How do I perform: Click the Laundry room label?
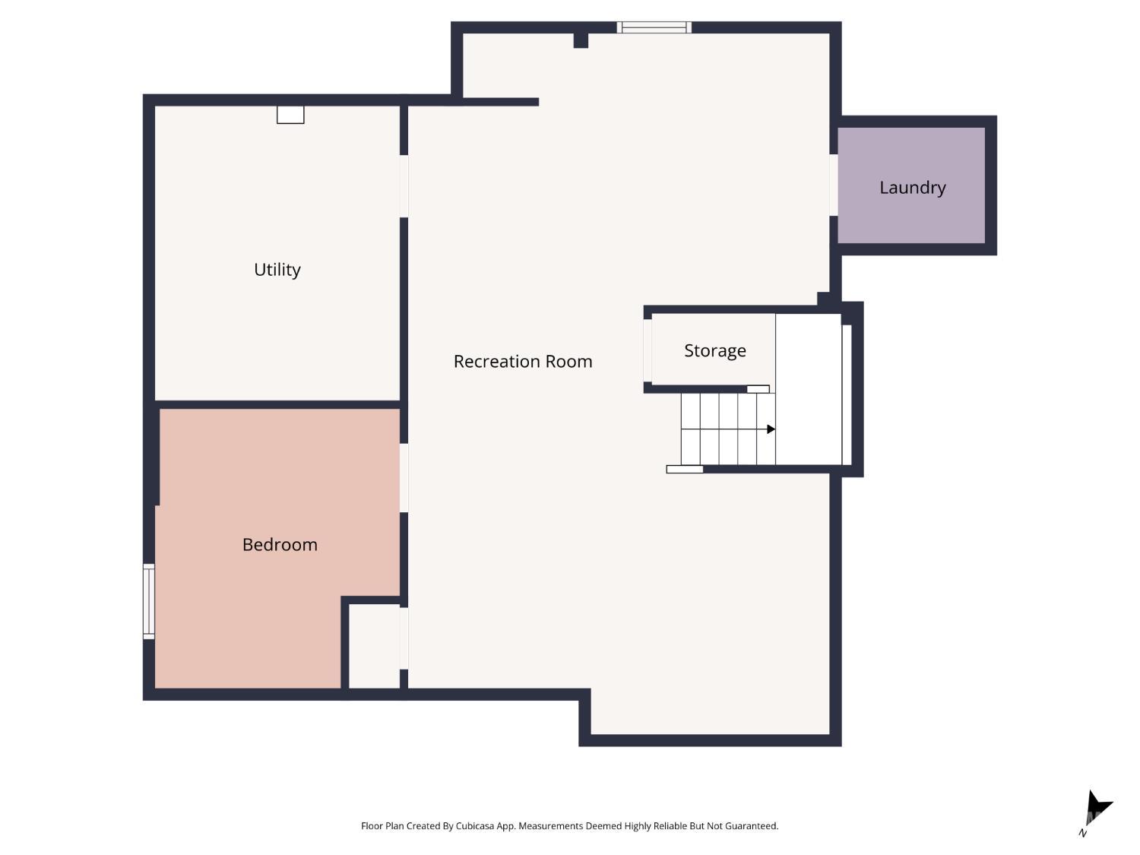click(x=912, y=188)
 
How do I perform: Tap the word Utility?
click(x=277, y=270)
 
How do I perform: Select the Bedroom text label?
click(x=280, y=544)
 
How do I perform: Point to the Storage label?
click(x=714, y=350)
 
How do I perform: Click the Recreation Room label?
click(x=522, y=361)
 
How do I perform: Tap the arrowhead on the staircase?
click(x=771, y=429)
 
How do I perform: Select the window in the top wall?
click(x=654, y=27)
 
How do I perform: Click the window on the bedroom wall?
click(x=148, y=601)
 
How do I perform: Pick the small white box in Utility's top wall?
click(x=290, y=115)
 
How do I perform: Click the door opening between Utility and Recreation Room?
click(x=404, y=186)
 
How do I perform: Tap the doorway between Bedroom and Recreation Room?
click(x=404, y=477)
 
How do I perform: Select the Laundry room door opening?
click(x=833, y=185)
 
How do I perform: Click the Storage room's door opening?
click(x=647, y=350)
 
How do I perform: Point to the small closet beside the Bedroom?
click(x=374, y=646)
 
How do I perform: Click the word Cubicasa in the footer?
click(x=475, y=826)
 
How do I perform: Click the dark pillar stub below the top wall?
click(x=581, y=40)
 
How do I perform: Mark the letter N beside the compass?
click(x=1082, y=833)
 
